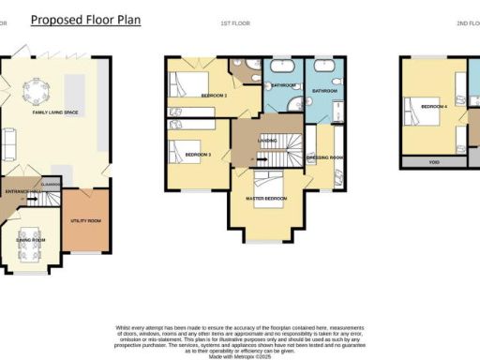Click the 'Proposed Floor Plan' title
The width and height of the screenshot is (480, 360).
85,19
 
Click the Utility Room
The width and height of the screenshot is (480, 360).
87,221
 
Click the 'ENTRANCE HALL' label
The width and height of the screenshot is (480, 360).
22,191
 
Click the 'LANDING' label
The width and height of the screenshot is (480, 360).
265,142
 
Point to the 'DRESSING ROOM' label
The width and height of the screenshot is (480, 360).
325,157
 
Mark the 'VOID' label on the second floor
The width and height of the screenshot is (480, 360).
434,162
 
